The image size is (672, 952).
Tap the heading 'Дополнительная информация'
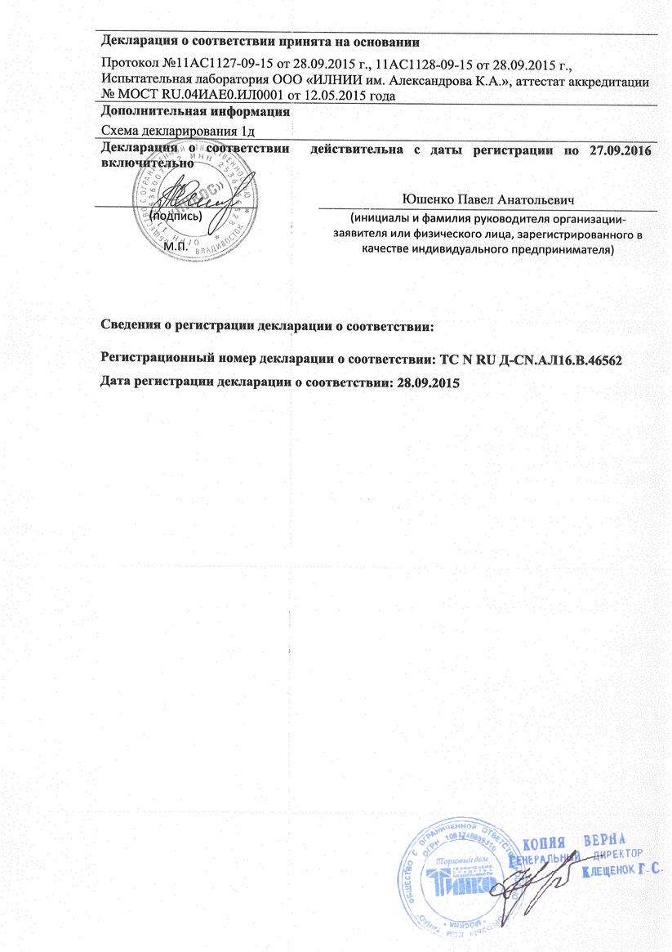pyautogui.click(x=195, y=112)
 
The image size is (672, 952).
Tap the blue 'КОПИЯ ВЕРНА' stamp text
pyautogui.click(x=572, y=842)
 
